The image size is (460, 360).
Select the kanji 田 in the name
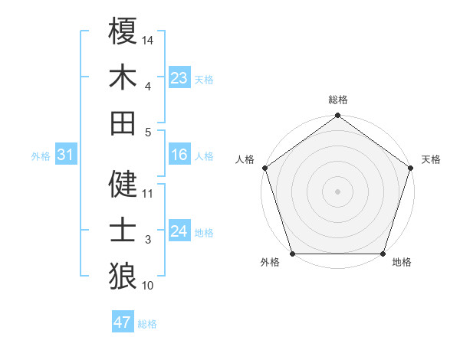pyautogui.click(x=123, y=123)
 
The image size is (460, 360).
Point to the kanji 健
pyautogui.click(x=123, y=184)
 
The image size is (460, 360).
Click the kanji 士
pyautogui.click(x=123, y=230)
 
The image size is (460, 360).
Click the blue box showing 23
pyautogui.click(x=179, y=77)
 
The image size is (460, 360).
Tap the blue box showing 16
pyautogui.click(x=179, y=155)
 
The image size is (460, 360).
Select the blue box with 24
pyautogui.click(x=179, y=232)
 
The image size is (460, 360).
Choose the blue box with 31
pyautogui.click(x=66, y=155)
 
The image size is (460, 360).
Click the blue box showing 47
pyautogui.click(x=123, y=322)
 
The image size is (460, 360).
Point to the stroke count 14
pyautogui.click(x=148, y=39)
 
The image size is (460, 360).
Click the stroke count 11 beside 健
pyautogui.click(x=147, y=193)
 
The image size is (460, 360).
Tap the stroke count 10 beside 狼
pyautogui.click(x=147, y=286)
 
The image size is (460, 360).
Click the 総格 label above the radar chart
pyautogui.click(x=338, y=100)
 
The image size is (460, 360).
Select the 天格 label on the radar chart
pyautogui.click(x=431, y=159)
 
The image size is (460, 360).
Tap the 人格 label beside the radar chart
pyautogui.click(x=245, y=159)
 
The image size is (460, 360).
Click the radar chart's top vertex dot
pyautogui.click(x=338, y=116)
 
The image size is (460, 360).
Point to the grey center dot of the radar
pyautogui.click(x=338, y=191)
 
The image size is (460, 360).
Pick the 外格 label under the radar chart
pyautogui.click(x=270, y=263)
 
